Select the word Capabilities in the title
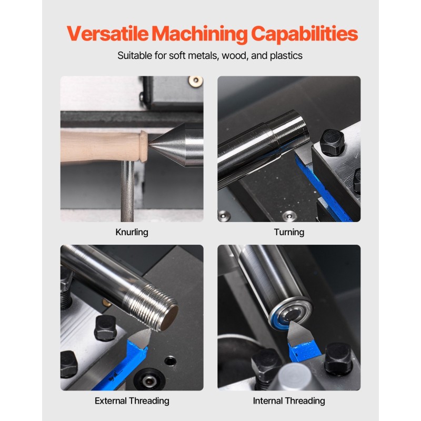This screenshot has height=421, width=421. [x=304, y=34]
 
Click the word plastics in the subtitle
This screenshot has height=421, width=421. [x=286, y=55]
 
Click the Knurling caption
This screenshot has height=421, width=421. [x=132, y=232]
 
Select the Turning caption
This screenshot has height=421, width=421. [x=289, y=232]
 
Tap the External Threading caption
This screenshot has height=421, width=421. [x=132, y=401]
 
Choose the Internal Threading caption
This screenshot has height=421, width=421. [x=289, y=401]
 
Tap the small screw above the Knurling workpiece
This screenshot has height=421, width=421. [x=196, y=81]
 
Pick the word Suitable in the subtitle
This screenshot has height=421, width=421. [x=133, y=55]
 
